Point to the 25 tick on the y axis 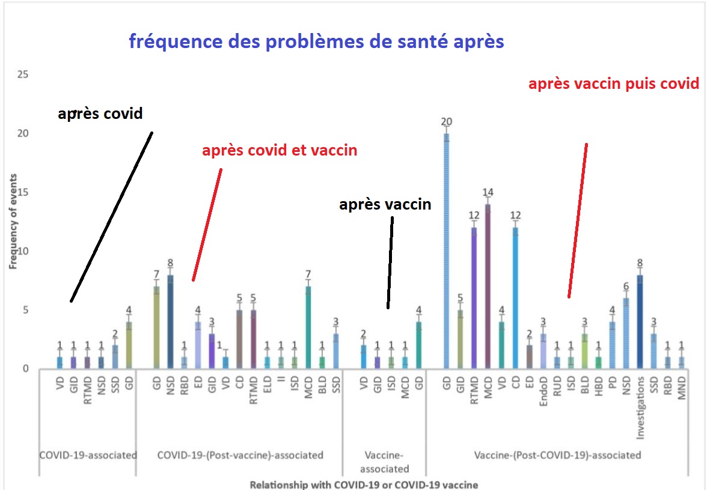click(x=23, y=75)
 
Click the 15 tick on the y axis click(x=23, y=193)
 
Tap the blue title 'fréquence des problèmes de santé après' click(x=316, y=42)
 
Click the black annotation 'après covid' click(x=100, y=113)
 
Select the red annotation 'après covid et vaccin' click(x=280, y=150)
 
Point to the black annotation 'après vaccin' click(x=385, y=204)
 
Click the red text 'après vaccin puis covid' click(x=613, y=83)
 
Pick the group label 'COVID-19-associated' click(x=88, y=455)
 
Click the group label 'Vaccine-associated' click(x=384, y=462)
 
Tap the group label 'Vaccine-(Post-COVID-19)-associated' click(x=557, y=455)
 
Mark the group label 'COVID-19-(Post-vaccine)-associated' click(x=240, y=455)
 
